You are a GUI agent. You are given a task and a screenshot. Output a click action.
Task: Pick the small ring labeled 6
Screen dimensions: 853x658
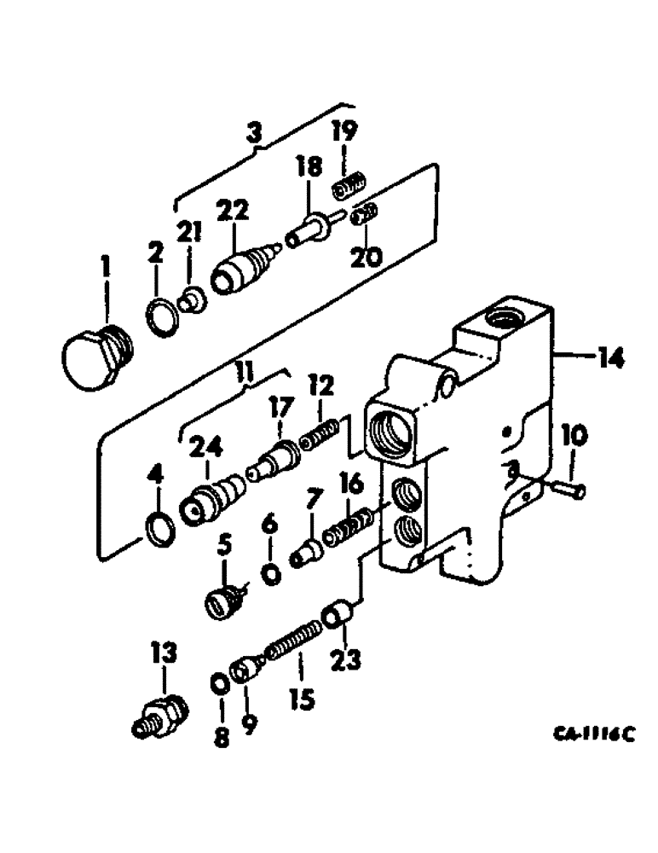point(272,576)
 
